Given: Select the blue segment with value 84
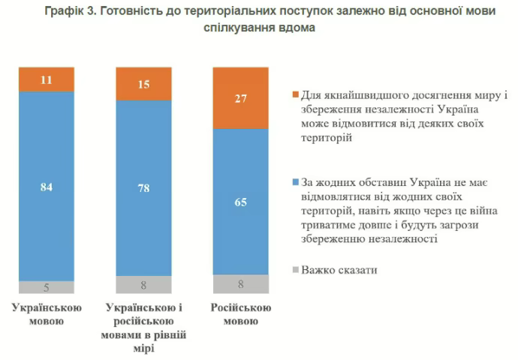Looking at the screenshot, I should click(47, 186).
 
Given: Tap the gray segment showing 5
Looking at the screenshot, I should click(47, 286).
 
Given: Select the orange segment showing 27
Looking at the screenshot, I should click(240, 97).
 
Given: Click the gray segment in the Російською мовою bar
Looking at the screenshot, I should click(240, 283).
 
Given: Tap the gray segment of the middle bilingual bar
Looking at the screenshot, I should click(143, 284).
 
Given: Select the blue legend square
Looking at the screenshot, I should click(294, 182).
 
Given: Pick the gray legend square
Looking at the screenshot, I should click(294, 268).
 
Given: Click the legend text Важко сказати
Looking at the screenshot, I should click(339, 268).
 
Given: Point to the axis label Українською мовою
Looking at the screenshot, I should click(47, 315).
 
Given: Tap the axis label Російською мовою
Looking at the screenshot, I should click(240, 315).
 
